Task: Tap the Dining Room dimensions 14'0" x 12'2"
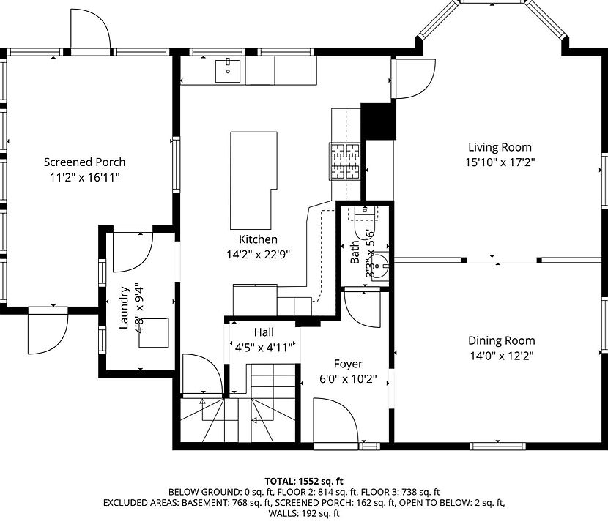tap(502, 356)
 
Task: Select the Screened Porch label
tap(84, 162)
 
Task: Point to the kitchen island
tap(252, 179)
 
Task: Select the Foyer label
tap(348, 364)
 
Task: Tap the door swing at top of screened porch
tap(89, 29)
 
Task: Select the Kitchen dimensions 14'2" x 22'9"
tap(258, 255)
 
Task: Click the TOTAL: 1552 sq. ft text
tap(303, 480)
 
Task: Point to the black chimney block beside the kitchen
tap(378, 121)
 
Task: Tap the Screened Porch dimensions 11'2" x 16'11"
tap(84, 177)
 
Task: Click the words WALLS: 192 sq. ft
tap(303, 514)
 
